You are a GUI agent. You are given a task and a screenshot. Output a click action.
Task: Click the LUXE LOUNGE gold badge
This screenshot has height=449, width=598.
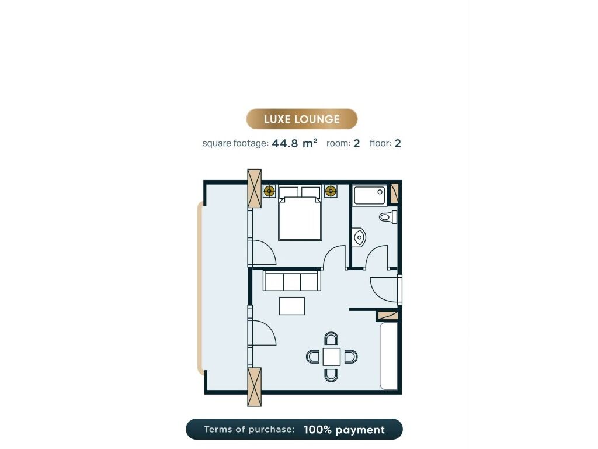(302, 119)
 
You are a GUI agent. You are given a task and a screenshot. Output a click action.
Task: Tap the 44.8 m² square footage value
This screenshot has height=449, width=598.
(294, 143)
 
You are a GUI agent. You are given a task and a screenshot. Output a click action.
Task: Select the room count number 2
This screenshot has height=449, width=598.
(357, 144)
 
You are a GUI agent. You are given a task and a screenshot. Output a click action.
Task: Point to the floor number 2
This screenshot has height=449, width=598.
(397, 144)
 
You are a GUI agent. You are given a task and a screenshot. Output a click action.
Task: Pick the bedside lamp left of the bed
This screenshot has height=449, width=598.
(269, 191)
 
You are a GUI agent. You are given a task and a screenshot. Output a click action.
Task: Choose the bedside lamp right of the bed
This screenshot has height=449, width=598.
(331, 191)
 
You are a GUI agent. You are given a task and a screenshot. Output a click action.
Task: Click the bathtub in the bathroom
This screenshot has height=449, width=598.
(370, 195)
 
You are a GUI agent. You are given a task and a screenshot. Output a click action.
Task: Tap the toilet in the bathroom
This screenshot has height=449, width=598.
(388, 217)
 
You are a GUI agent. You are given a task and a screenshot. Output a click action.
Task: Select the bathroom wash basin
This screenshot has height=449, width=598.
(359, 237)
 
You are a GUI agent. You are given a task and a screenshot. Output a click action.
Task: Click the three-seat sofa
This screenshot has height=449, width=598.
(292, 281)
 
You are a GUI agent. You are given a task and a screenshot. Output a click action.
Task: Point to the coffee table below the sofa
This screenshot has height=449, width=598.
(292, 306)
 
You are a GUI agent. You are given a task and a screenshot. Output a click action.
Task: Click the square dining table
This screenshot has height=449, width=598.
(332, 357)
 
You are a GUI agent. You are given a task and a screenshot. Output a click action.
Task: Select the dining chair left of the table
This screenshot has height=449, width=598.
(313, 357)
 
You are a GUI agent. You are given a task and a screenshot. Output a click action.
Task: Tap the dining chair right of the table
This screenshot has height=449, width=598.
(350, 357)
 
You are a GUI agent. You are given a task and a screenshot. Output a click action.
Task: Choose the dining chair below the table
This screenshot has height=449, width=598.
(331, 375)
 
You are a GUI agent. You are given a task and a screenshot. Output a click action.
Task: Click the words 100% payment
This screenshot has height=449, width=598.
(344, 430)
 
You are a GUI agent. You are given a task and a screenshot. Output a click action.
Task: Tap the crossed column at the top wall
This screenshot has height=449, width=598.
(255, 188)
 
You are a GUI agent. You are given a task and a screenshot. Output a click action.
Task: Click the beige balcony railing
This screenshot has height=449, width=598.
(200, 288)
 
